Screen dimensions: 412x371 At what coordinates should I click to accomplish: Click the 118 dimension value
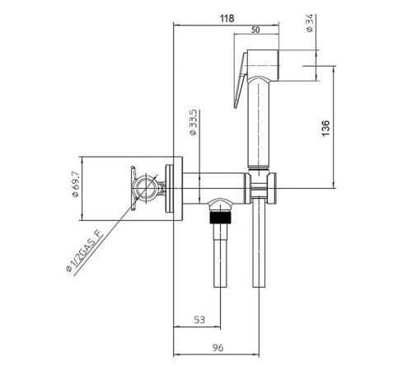coord(227,18)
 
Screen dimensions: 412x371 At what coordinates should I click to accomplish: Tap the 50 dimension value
coord(255,30)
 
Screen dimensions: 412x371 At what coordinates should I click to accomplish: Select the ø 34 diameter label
coord(309,23)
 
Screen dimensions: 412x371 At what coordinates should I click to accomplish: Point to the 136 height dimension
coord(325,128)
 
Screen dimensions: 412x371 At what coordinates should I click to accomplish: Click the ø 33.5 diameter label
coord(194,122)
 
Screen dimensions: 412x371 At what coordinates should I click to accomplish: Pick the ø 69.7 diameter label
coord(75,184)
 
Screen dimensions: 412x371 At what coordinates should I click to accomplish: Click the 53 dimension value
coord(199,320)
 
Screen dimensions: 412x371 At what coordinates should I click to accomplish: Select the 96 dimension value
coord(218,348)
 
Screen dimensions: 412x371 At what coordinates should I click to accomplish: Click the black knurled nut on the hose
coord(221,218)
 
